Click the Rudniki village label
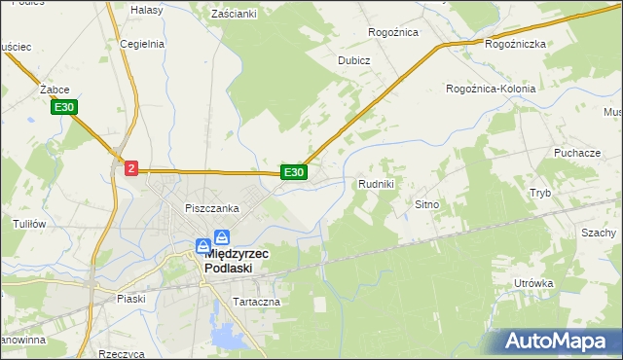[x=376, y=184]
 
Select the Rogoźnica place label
[x=393, y=32]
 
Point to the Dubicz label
[x=354, y=59]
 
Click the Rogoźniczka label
[x=515, y=44]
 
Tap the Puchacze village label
[x=576, y=154]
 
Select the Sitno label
[x=428, y=205]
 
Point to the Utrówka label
[x=533, y=283]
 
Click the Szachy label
[x=599, y=234]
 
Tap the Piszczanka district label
[x=212, y=208]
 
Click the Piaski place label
[x=129, y=299]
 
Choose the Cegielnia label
[x=142, y=44]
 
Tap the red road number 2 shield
[x=131, y=168]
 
